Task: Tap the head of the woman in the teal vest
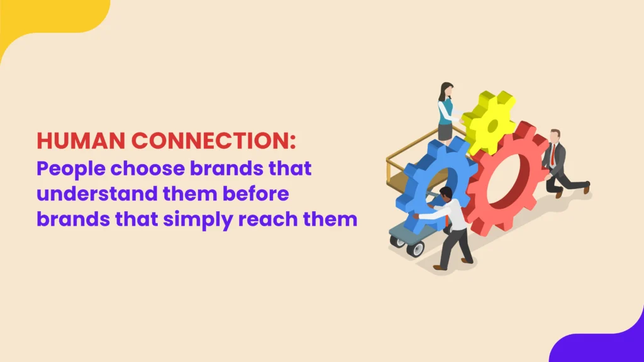tap(447, 89)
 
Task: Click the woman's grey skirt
tap(445, 131)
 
